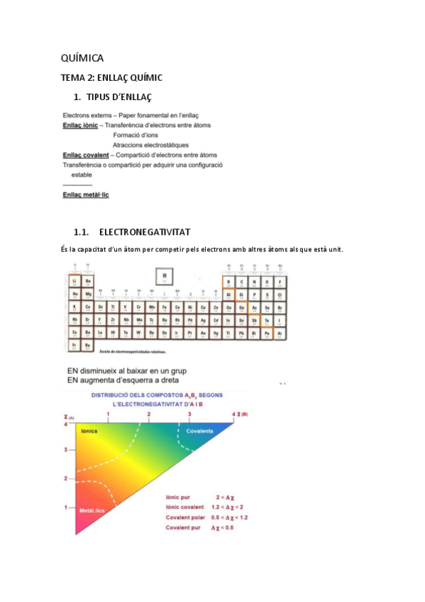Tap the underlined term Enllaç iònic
80,125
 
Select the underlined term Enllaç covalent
86,155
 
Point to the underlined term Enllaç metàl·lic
86,194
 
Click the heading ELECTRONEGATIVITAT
145,232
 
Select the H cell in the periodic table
165,276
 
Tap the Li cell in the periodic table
75,281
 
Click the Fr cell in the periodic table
75,345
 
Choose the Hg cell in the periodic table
216,332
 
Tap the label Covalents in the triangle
199,431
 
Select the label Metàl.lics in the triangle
92,510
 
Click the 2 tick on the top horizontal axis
149,413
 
